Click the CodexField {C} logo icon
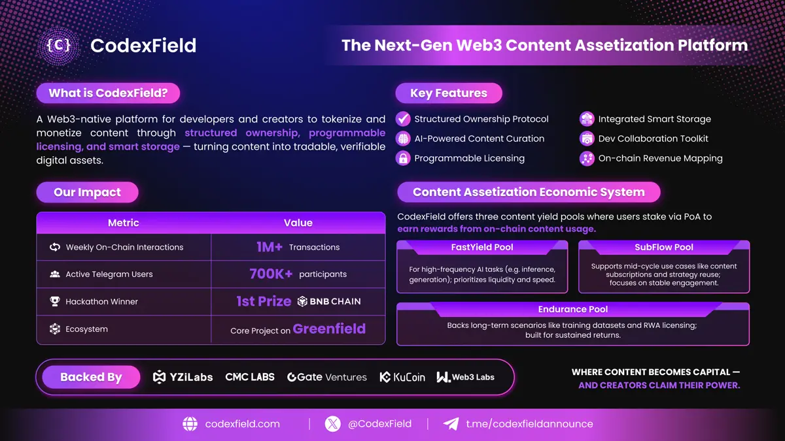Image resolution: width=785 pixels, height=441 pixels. point(58,46)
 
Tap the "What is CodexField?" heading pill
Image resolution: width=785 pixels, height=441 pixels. point(108,93)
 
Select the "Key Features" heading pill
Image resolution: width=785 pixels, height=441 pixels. point(449,93)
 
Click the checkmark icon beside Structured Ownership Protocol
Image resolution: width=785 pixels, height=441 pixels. point(403,119)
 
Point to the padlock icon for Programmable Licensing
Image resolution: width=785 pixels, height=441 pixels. point(403,158)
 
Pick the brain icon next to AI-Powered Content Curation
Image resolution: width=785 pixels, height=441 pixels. point(403,139)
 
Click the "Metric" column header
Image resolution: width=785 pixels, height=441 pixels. point(124,223)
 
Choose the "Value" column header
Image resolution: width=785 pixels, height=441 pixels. point(298,223)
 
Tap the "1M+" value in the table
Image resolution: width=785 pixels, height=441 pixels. point(269,247)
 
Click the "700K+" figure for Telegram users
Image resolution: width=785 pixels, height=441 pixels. point(271,274)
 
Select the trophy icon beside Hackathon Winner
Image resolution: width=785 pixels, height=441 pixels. point(55,301)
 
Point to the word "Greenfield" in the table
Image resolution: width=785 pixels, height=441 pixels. point(329,329)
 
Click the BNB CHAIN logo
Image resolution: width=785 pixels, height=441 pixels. point(328,301)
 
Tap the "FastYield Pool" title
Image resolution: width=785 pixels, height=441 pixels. point(482,247)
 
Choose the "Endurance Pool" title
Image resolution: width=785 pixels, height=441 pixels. point(573,310)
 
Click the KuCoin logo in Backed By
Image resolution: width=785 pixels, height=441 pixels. point(402,377)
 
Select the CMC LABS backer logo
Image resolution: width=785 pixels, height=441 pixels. point(250,377)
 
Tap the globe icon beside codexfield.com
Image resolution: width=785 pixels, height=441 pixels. point(190,424)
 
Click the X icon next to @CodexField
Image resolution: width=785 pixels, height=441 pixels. point(332,424)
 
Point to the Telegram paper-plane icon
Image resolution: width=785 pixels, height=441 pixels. point(451,423)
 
